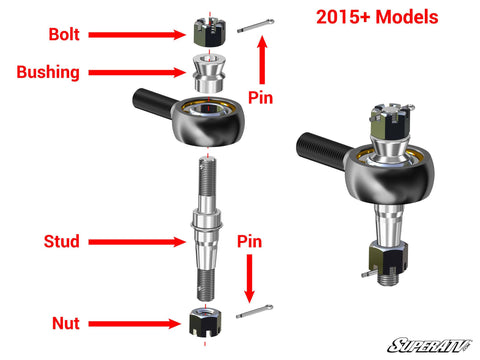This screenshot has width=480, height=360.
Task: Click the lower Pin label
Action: click(250, 242)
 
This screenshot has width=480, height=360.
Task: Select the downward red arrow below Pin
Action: click(250, 279)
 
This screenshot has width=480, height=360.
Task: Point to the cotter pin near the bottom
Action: click(254, 313)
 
